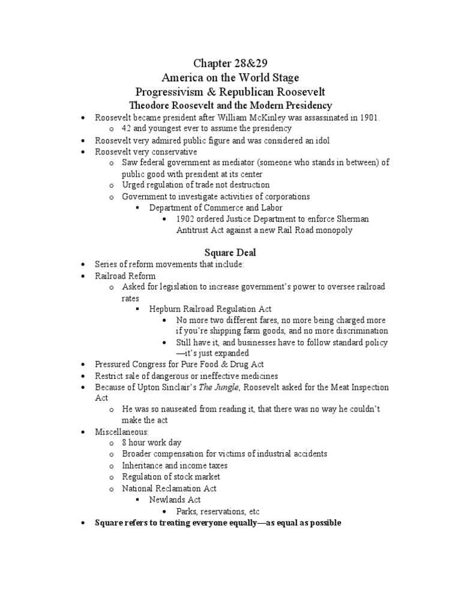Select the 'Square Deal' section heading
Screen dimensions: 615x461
click(230, 253)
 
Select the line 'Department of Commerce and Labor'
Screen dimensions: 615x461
click(215, 208)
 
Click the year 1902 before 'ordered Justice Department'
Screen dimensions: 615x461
click(187, 219)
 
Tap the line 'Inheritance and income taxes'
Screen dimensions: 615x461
click(175, 465)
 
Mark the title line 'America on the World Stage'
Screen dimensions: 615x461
click(230, 77)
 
